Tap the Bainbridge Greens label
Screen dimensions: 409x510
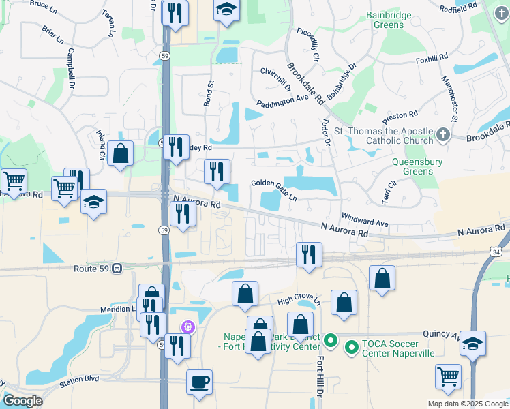click(x=395, y=20)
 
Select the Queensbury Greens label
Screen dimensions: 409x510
click(x=417, y=167)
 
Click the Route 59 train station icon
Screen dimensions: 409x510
click(x=117, y=269)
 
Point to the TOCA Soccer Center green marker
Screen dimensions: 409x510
click(x=352, y=348)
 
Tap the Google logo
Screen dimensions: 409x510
click(x=22, y=400)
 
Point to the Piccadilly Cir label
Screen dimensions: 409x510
click(x=308, y=46)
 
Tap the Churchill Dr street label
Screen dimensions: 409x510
click(x=275, y=79)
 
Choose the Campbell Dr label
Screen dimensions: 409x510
click(x=70, y=69)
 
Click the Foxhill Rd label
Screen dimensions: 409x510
click(x=432, y=59)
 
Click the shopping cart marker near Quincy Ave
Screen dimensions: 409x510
click(x=448, y=376)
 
